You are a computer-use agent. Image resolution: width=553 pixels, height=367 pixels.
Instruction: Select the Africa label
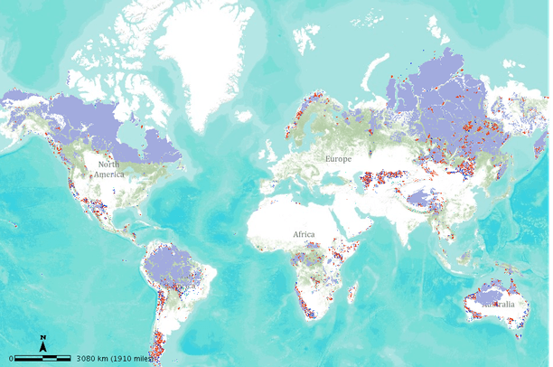(304, 234)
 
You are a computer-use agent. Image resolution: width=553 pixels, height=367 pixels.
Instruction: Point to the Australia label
(498, 305)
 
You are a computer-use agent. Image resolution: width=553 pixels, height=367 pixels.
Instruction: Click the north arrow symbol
(42, 343)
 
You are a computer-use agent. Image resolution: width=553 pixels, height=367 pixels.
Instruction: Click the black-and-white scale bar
(43, 359)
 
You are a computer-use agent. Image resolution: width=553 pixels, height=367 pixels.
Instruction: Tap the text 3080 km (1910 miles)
(114, 359)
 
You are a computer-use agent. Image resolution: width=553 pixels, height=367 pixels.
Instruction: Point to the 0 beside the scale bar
(11, 359)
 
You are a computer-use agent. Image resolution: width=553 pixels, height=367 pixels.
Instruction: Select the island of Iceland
(246, 116)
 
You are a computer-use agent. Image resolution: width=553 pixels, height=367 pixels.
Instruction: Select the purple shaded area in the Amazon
(172, 268)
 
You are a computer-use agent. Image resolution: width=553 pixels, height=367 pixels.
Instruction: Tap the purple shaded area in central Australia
(492, 295)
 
